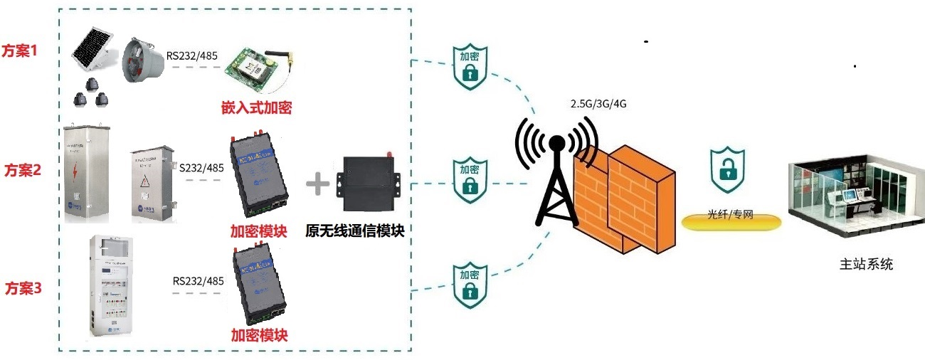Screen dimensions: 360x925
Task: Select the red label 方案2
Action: [x=23, y=171]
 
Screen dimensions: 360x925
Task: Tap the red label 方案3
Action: [x=23, y=289]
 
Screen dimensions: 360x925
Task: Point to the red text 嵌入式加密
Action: [x=256, y=108]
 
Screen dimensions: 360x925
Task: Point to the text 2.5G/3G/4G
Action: [x=598, y=104]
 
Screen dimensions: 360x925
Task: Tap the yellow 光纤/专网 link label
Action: [x=731, y=216]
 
